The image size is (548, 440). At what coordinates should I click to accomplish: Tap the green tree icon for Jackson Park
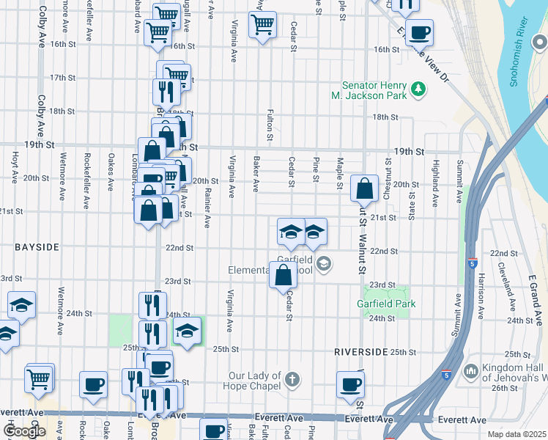[418, 89]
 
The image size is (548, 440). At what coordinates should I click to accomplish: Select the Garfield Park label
[385, 303]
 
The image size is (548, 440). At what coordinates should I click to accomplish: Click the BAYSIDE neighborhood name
[37, 248]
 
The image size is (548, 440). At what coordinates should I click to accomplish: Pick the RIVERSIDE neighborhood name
[360, 352]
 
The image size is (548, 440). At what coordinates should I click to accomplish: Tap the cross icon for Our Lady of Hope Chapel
[292, 380]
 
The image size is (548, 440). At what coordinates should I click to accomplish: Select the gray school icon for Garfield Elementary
[325, 263]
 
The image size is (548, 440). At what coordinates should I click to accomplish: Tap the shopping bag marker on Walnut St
[364, 189]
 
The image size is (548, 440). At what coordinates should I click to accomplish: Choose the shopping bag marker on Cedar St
[284, 276]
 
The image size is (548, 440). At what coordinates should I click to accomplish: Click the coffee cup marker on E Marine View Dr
[419, 32]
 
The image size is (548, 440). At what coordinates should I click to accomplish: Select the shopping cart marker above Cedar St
[262, 25]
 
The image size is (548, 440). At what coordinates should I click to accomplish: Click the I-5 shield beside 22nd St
[472, 263]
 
